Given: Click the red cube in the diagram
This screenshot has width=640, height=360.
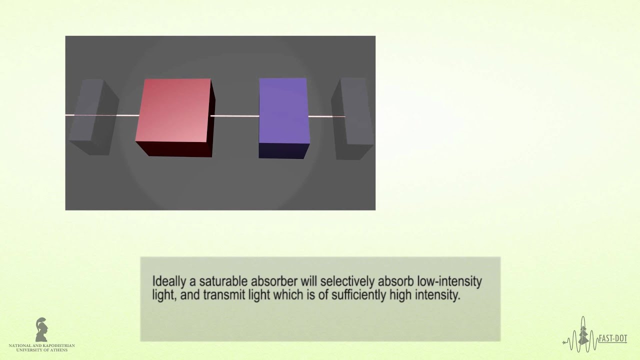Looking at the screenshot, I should (x=175, y=112).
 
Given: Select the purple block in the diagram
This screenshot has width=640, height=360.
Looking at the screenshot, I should (x=283, y=112).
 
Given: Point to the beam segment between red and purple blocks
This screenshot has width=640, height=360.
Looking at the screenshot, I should (x=234, y=116).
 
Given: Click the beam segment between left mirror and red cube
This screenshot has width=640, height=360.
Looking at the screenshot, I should (x=128, y=115).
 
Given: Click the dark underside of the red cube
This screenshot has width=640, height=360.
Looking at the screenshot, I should (x=174, y=149).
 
